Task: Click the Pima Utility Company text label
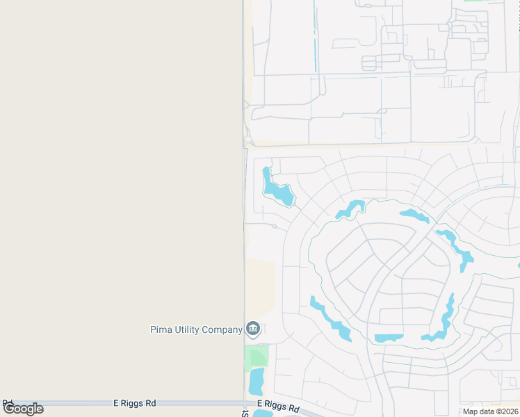pyautogui.click(x=196, y=329)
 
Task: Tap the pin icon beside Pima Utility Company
pyautogui.click(x=252, y=329)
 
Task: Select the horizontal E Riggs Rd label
pyautogui.click(x=134, y=402)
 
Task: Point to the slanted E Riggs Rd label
pyautogui.click(x=278, y=405)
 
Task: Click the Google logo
pyautogui.click(x=23, y=409)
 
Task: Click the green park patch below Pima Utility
pyautogui.click(x=257, y=357)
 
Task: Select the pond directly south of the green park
pyautogui.click(x=257, y=382)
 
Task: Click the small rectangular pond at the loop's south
pyautogui.click(x=389, y=338)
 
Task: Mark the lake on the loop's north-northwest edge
pyautogui.click(x=350, y=208)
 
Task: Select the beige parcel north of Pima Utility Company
pyautogui.click(x=260, y=285)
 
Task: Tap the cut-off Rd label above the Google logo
pyautogui.click(x=8, y=402)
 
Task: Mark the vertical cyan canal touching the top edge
pyautogui.click(x=315, y=35)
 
